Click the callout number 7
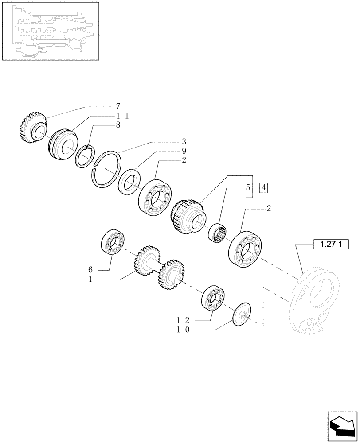[x=118, y=106]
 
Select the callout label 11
[x=121, y=116]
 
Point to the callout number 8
[x=118, y=125]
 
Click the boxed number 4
[x=263, y=187]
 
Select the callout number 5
[x=248, y=187]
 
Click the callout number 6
[x=90, y=269]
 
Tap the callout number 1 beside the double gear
[x=90, y=279]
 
